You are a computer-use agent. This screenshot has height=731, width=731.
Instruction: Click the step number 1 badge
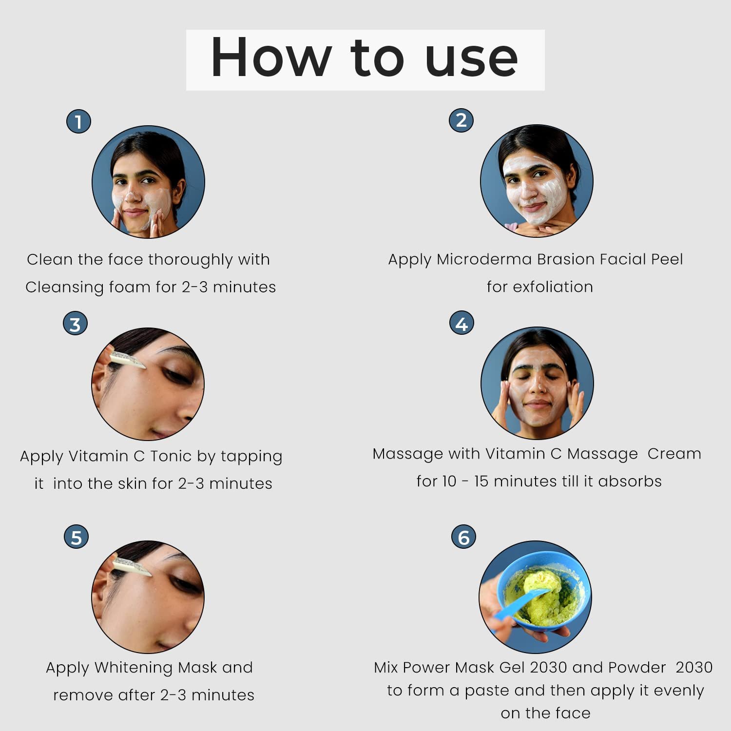78,121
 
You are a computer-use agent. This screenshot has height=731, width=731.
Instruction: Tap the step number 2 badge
461,120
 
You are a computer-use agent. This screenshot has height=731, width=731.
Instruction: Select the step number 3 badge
75,324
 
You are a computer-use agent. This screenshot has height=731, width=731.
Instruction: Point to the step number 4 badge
462,324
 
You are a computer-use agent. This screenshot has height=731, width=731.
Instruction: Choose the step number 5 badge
77,537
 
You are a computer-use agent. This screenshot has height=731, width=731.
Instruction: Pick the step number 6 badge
463,537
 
